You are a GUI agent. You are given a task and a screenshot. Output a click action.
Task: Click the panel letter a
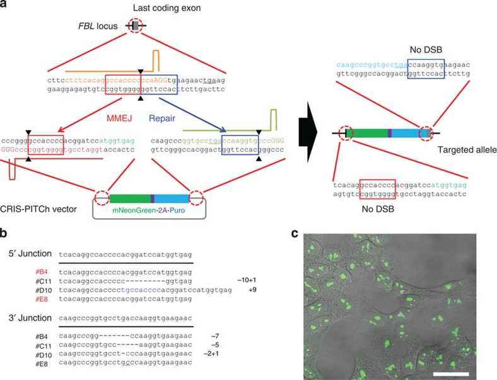pyautogui.click(x=5, y=5)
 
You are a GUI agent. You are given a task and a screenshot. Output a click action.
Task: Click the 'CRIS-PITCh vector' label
pyautogui.click(x=36, y=200)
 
